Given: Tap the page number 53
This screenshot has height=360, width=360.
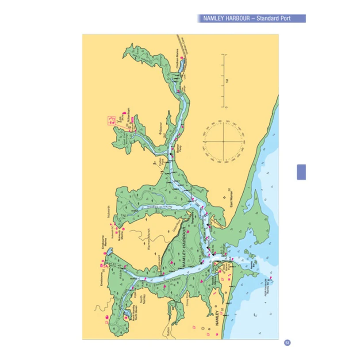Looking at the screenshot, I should click(287, 343).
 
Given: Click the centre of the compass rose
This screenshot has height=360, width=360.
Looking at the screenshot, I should click(223, 142).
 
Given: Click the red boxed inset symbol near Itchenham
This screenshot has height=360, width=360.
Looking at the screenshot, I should click(111, 119).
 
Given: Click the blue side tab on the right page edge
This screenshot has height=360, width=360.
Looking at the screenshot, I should click(301, 172).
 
